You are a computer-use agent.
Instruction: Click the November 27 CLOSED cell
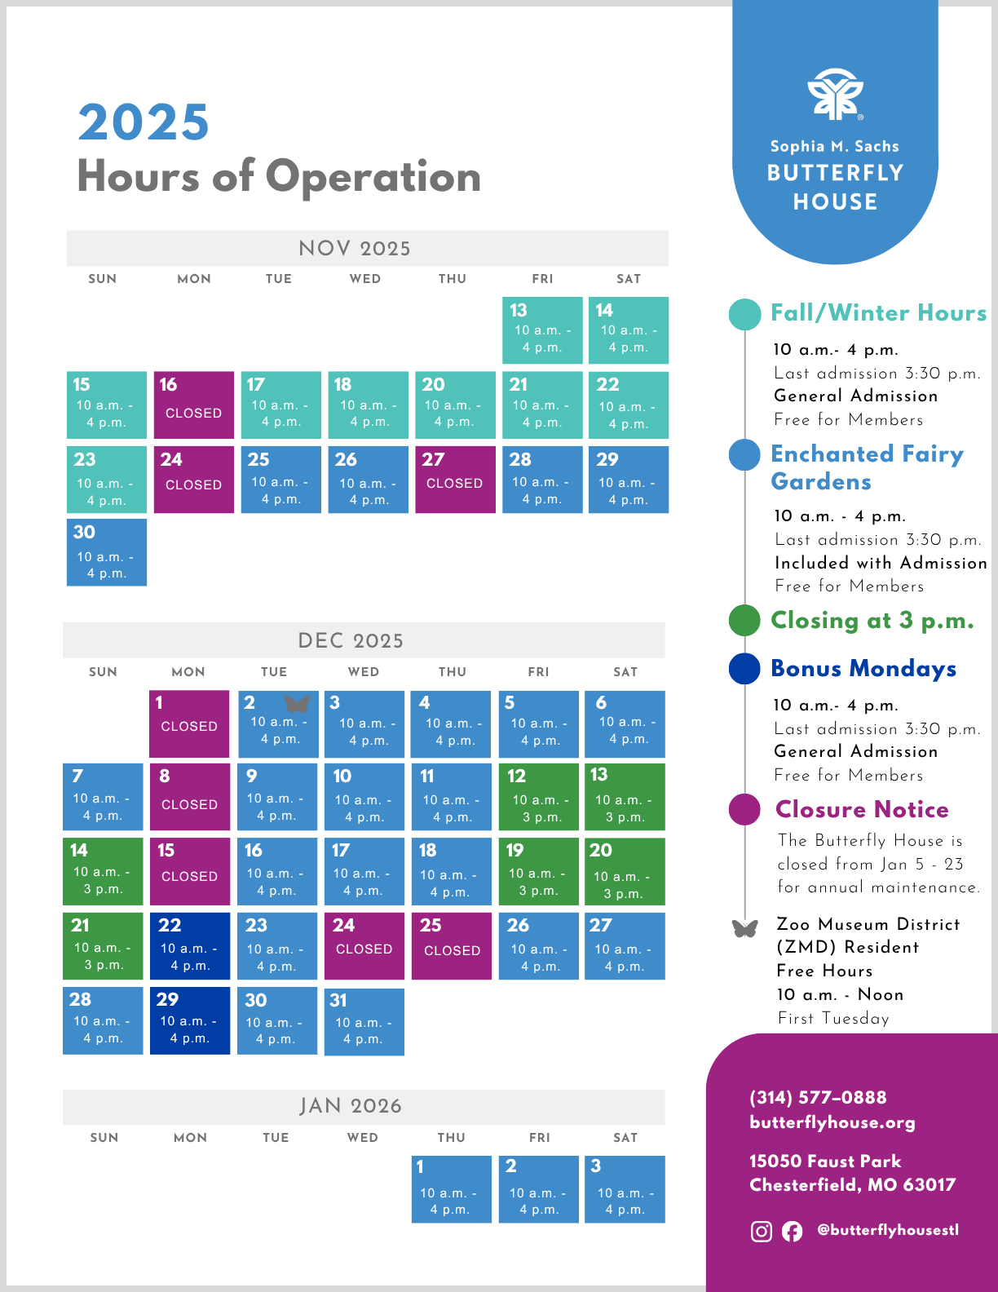point(455,479)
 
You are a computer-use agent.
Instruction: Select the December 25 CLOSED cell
point(452,945)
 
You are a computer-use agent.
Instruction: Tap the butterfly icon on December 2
point(297,703)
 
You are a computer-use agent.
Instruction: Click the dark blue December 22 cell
point(189,945)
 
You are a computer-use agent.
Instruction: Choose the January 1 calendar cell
point(451,1188)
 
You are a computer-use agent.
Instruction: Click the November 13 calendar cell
point(542,330)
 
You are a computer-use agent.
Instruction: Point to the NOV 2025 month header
point(355,248)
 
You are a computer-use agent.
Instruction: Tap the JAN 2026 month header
point(351,1106)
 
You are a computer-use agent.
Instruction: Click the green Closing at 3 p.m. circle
point(744,620)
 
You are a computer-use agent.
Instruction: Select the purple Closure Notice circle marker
point(744,809)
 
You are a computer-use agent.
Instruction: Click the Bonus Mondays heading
point(863,668)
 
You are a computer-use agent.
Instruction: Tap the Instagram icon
point(761,1231)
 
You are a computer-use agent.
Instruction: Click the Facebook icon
point(792,1231)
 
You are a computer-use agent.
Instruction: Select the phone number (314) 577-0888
point(818,1097)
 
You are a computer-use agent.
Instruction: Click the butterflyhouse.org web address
point(832,1122)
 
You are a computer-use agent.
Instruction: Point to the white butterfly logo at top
point(835,95)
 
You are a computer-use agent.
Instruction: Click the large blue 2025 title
point(144,122)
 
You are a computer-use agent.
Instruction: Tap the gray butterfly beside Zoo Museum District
point(744,928)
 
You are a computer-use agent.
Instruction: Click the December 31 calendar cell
point(364,1021)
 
